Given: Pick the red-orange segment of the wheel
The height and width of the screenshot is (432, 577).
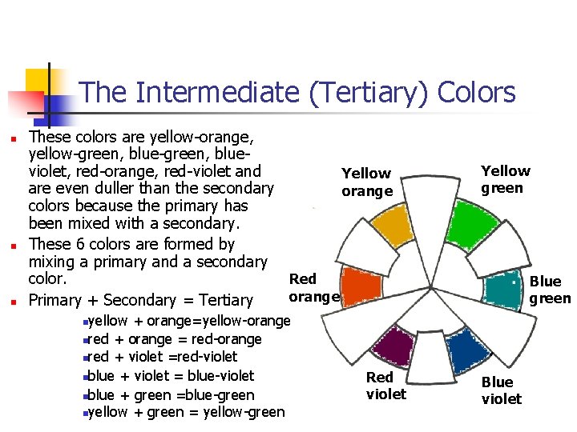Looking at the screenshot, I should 361,286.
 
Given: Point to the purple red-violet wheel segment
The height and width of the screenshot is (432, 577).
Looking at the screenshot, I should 392,346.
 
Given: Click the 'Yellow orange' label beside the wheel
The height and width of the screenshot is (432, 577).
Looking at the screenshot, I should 366,182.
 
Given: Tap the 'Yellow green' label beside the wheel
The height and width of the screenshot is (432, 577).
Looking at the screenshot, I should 505,179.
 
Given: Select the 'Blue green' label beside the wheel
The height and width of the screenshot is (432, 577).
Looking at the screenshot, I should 550,290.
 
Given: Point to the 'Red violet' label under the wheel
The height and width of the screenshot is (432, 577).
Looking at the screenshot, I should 385,385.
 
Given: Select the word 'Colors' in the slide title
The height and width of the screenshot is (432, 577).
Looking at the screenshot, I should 478,94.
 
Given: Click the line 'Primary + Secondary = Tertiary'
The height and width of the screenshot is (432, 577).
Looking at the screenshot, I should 141,301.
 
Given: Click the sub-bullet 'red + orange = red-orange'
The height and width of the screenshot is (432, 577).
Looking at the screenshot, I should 174,339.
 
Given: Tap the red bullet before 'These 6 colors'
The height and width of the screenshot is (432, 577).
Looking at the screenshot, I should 13,245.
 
